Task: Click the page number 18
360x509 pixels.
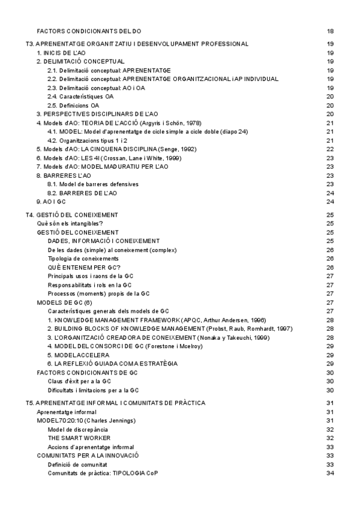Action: (330, 31)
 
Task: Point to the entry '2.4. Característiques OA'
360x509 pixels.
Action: (80, 96)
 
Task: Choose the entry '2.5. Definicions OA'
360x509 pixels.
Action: (73, 105)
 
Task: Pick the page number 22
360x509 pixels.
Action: (330, 149)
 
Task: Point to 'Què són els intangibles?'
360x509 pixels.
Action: (70, 223)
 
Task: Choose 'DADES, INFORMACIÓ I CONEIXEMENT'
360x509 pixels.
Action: (103, 241)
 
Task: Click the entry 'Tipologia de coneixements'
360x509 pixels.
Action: (83, 258)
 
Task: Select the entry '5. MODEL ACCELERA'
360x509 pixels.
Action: (83, 355)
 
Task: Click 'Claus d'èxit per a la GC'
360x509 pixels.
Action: (79, 381)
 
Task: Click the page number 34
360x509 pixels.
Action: (330, 473)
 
